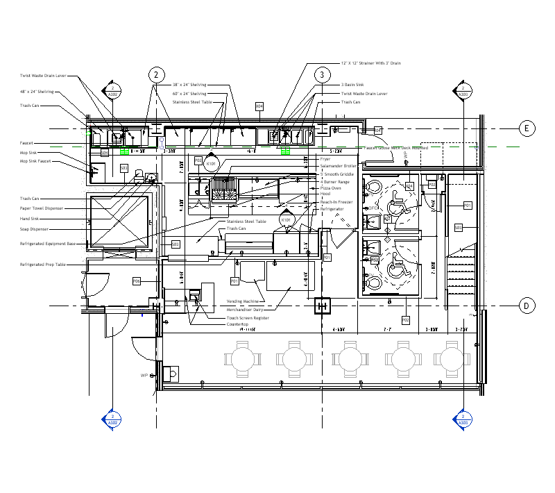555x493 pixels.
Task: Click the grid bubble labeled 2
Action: click(157, 75)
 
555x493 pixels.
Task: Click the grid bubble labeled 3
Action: click(322, 75)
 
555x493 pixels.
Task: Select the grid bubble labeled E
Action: click(527, 128)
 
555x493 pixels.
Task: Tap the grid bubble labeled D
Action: click(527, 306)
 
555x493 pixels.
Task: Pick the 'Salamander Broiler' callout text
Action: click(338, 166)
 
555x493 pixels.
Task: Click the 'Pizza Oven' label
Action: click(330, 188)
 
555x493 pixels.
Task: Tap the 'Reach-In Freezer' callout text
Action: click(336, 201)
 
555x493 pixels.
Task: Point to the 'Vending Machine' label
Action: click(243, 301)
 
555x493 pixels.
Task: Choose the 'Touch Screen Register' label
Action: click(248, 317)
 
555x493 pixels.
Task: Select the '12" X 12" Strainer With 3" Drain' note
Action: click(370, 63)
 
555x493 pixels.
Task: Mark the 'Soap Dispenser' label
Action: click(35, 228)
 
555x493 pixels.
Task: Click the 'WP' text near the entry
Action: click(145, 375)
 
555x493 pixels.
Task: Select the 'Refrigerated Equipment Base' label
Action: click(47, 244)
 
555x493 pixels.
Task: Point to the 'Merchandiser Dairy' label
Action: click(246, 310)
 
